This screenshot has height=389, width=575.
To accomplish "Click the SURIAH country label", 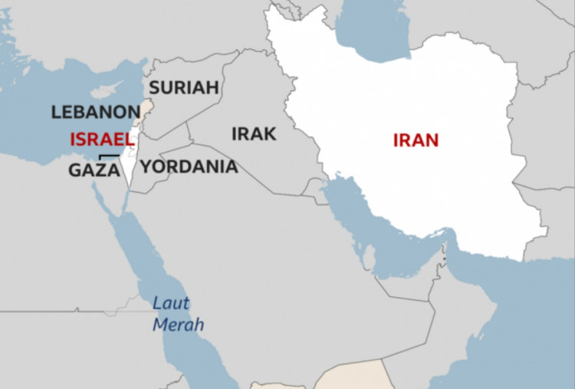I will tap(184, 87).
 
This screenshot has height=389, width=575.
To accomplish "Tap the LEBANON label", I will tap(96, 112).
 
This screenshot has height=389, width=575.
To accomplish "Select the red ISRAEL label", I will tap(102, 140).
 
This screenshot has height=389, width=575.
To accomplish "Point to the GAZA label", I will tap(94, 170).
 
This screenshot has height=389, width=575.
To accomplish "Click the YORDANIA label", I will tap(189, 166).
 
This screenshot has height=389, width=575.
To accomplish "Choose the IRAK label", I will tap(254, 134).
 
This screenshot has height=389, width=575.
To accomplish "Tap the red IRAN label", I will tap(416, 140).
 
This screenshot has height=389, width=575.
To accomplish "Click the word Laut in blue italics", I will tap(170, 302).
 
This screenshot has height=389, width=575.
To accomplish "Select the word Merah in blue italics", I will tap(178, 325).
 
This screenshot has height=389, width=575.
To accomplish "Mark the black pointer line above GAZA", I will tap(110, 157).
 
